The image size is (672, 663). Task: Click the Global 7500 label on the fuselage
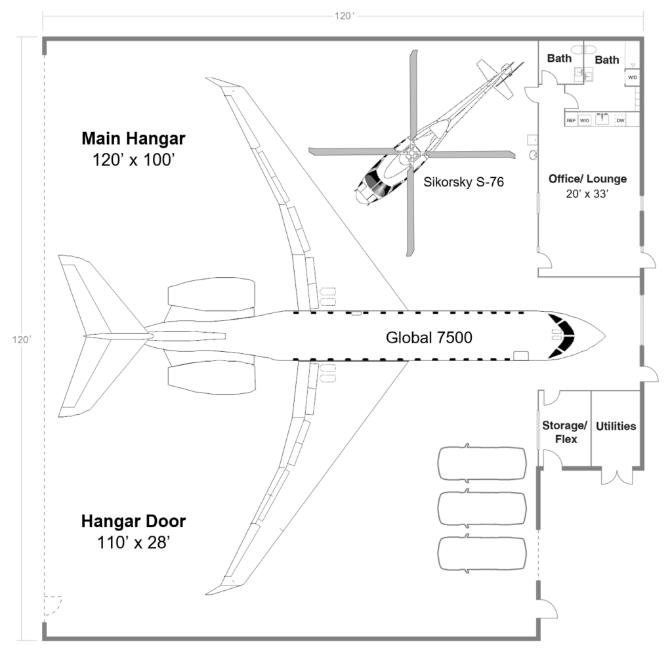point(429,337)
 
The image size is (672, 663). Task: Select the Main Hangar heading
point(133,139)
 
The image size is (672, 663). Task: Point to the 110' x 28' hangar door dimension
point(133,542)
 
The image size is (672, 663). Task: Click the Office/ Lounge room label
point(587,179)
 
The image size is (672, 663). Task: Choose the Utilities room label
point(616,426)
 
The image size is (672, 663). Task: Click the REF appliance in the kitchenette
point(571,121)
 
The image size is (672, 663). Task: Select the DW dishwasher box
point(620,121)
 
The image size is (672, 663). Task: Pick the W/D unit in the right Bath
point(633,77)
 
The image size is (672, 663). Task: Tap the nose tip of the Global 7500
point(603,336)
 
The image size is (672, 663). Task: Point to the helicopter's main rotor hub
point(411,153)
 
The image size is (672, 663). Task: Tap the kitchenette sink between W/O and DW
point(602,120)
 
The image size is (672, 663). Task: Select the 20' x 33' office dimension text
point(587,194)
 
